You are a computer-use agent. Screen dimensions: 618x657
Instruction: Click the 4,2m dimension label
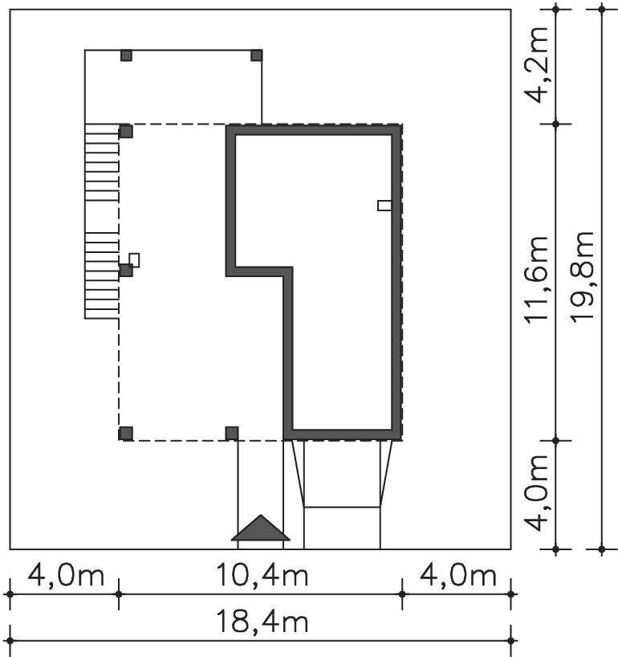[x=537, y=64]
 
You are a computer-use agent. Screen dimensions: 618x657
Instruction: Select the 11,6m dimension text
[x=537, y=280]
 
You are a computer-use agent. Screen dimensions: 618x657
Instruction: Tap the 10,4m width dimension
[x=262, y=575]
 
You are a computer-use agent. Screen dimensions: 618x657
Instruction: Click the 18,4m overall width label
[x=262, y=622]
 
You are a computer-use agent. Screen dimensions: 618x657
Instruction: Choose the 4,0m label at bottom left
[x=66, y=575]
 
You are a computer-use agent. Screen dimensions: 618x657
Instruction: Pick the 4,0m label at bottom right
[x=458, y=575]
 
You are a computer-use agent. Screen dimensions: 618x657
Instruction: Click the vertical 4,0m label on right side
[x=537, y=493]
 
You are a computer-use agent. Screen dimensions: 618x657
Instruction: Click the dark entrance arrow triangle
[x=260, y=528]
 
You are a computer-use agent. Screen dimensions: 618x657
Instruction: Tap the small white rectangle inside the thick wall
[x=384, y=206]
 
